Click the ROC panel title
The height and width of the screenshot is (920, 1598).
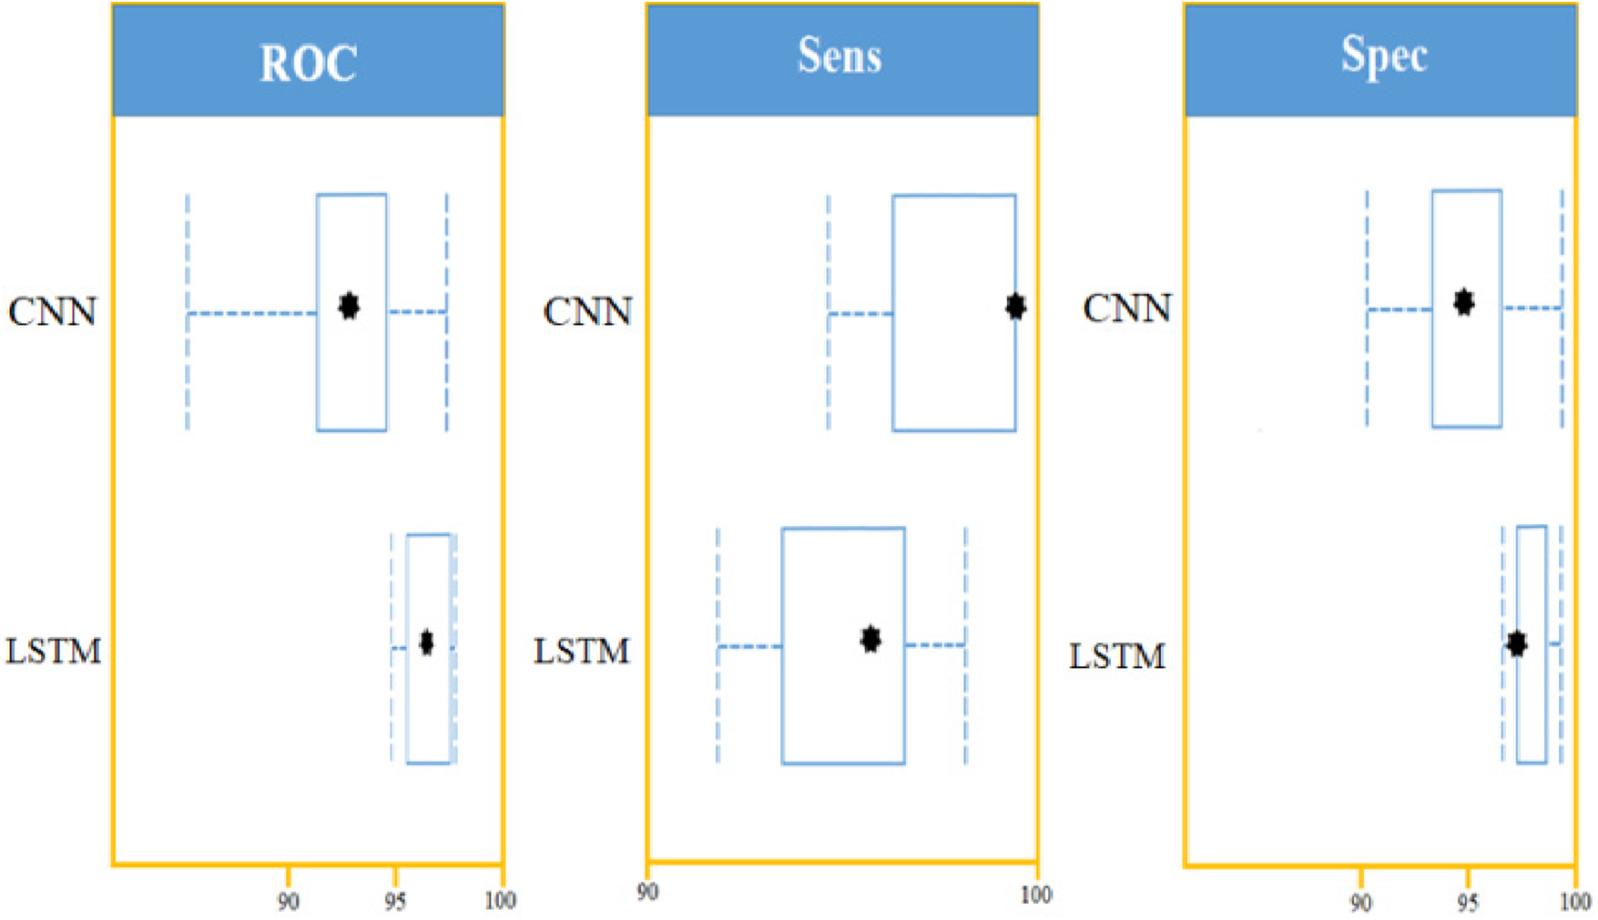[x=308, y=63]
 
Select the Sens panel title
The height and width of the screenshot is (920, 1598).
[x=840, y=56]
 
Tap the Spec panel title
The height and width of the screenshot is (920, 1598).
[x=1383, y=56]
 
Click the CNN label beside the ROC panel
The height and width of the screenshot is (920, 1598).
[x=52, y=312]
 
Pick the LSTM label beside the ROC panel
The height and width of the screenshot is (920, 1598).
[x=53, y=652]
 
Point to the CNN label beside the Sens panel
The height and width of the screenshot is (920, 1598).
[x=587, y=312]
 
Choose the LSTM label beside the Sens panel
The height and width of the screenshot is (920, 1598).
[x=581, y=652]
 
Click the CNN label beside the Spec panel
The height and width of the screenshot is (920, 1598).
[x=1126, y=309]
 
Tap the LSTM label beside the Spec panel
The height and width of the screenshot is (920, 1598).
[x=1116, y=656]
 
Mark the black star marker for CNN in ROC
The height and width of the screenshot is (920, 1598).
[x=349, y=306]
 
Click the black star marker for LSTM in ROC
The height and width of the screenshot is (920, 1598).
[x=426, y=642]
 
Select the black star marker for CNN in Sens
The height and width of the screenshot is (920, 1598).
[x=1015, y=307]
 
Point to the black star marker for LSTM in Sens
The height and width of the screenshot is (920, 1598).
[x=870, y=639]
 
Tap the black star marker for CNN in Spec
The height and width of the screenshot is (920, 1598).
[x=1463, y=302]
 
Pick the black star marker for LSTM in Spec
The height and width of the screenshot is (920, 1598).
[x=1516, y=644]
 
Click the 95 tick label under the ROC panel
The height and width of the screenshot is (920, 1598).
[x=394, y=902]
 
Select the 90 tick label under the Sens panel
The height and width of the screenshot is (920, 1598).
[x=647, y=892]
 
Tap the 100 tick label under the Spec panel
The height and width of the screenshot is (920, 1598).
[x=1575, y=902]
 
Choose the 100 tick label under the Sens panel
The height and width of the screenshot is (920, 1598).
[x=1035, y=895]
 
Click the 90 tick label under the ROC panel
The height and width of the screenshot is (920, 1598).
[x=288, y=902]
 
